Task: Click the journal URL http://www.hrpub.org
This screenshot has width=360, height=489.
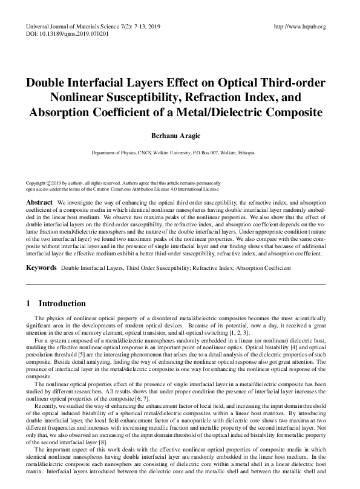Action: point(299,27)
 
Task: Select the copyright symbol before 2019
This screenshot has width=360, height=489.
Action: point(48,183)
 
